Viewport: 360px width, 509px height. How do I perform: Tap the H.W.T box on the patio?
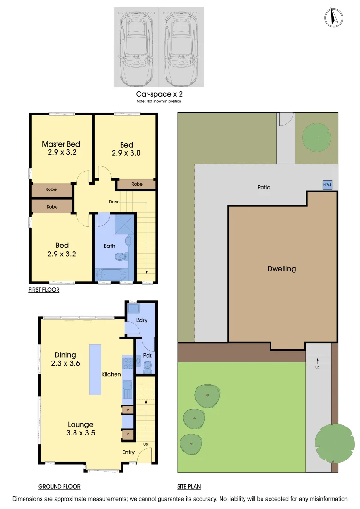pos(327,185)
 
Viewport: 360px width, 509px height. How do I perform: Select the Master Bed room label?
pos(61,144)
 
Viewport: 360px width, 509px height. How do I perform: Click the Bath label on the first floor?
pos(109,246)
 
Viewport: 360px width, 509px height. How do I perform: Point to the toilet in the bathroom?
pos(121,257)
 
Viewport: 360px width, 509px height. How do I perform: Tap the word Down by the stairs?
pos(114,201)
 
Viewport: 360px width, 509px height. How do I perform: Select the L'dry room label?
pos(142,320)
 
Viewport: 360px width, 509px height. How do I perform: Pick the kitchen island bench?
pos(95,369)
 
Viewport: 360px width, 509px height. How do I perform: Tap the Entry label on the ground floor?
pos(128,452)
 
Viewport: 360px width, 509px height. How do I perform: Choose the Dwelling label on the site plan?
pos(281,269)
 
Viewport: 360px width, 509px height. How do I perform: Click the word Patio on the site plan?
pos(264,187)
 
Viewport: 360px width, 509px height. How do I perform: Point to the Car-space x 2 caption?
pos(158,94)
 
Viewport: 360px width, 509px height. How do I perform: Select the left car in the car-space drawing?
pos(136,47)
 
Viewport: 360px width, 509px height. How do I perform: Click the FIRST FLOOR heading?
pos(44,290)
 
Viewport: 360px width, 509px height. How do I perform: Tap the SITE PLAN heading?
pos(189,487)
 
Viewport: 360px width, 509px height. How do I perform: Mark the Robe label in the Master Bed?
pos(51,189)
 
